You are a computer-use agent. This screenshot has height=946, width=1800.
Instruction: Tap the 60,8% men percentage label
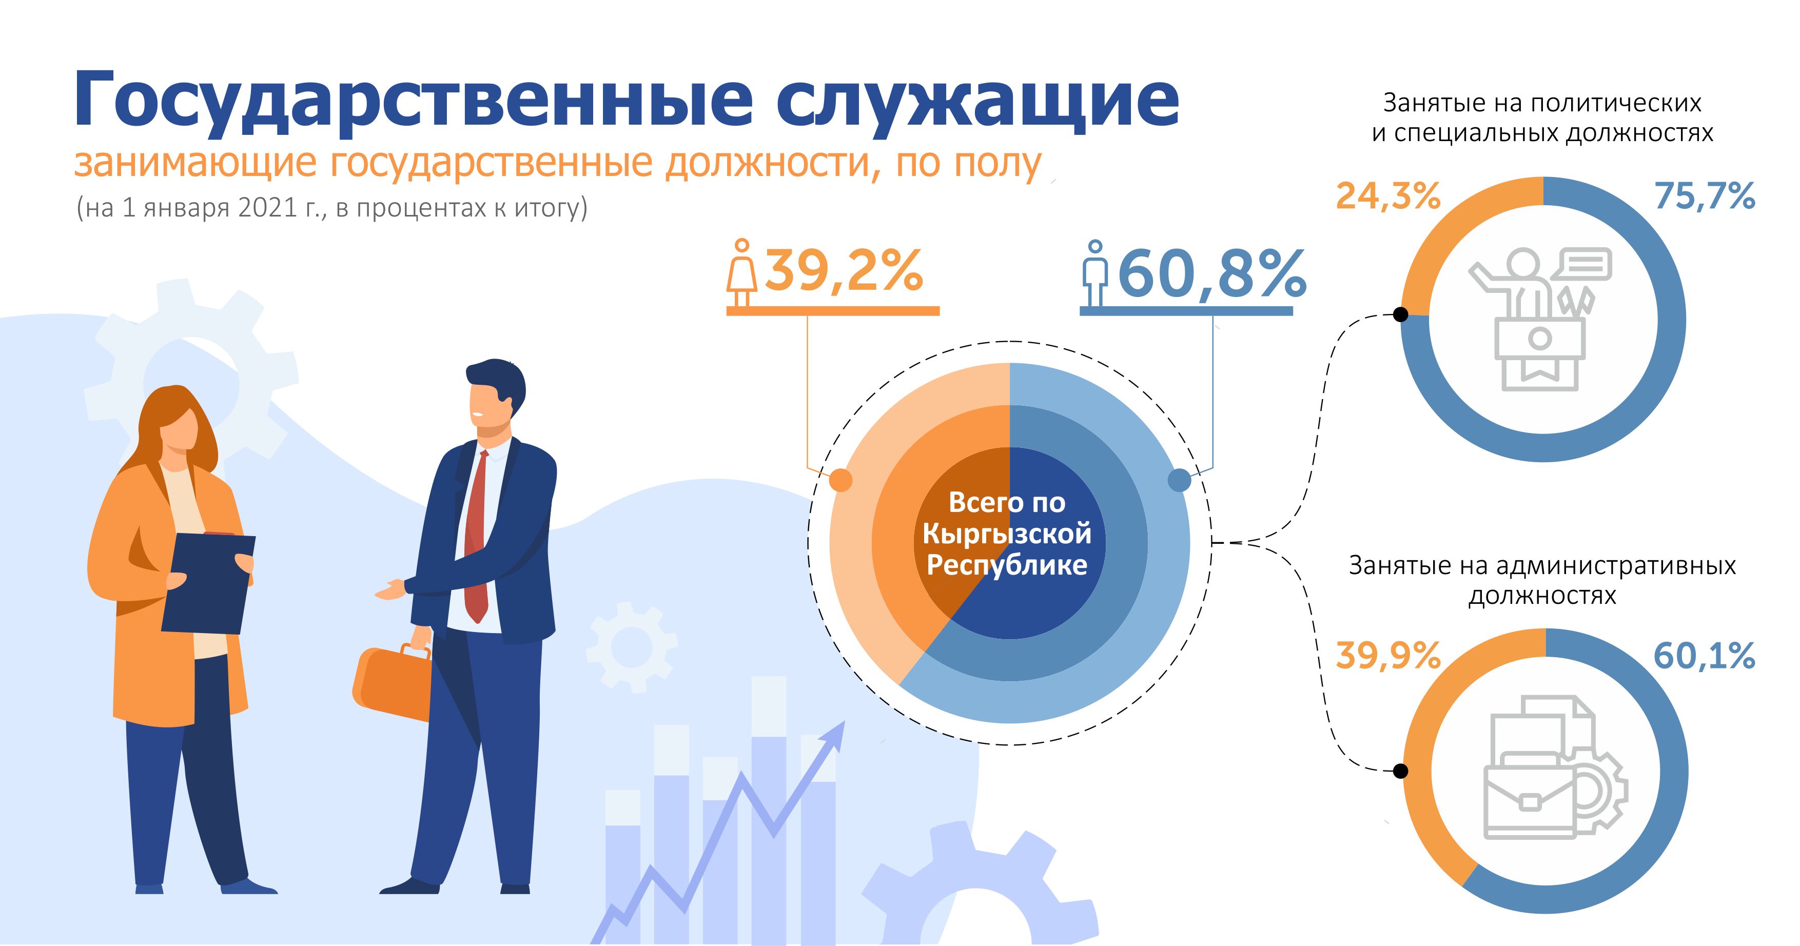[x=1212, y=274]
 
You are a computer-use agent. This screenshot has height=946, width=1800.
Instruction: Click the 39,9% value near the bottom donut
[x=1388, y=655]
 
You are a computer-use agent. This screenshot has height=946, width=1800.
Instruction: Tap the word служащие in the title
[x=977, y=100]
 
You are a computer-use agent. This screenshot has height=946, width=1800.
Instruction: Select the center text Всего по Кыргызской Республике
[x=1007, y=533]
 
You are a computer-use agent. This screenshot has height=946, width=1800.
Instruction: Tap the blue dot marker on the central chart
[x=1180, y=480]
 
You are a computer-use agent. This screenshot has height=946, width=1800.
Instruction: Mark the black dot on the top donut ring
[x=1400, y=314]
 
